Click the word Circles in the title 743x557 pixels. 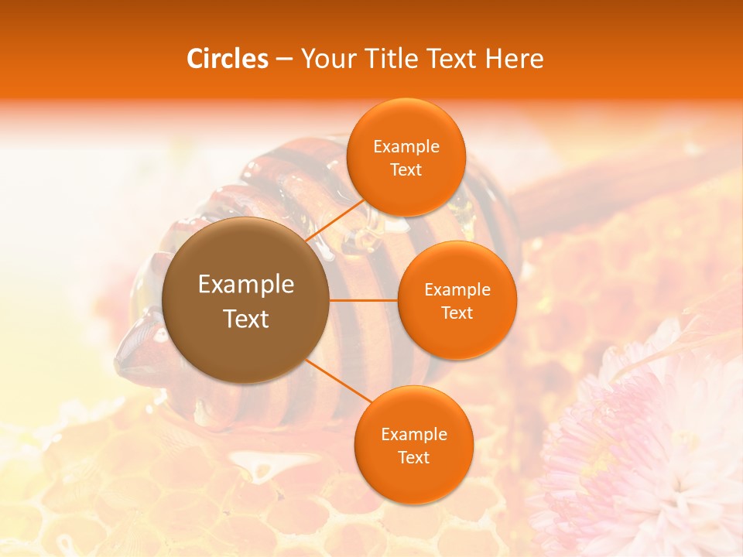228,59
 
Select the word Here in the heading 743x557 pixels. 515,59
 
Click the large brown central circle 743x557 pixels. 245,300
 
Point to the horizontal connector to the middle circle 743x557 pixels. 363,300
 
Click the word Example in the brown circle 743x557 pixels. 245,285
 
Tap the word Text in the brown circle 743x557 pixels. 245,319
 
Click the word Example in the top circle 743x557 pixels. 406,147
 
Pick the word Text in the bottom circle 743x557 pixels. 413,457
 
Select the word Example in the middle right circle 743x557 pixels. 457,290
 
